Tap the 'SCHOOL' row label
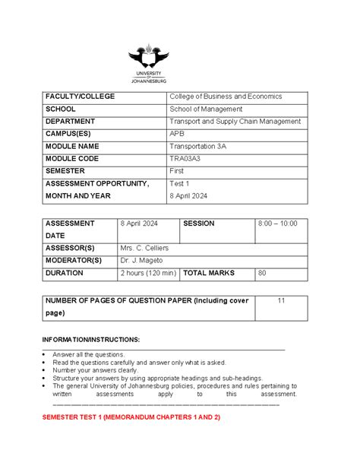tap(60, 109)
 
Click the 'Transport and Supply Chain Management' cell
tap(235, 122)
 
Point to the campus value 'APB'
tap(176, 134)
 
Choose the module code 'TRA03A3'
tap(185, 159)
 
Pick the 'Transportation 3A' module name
tap(197, 147)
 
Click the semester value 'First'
tap(177, 171)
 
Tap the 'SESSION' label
tap(198, 223)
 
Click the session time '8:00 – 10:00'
tap(277, 223)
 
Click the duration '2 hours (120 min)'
tap(148, 273)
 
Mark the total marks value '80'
tap(261, 273)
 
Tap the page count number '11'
tap(281, 301)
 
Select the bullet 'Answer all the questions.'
tap(89, 355)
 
